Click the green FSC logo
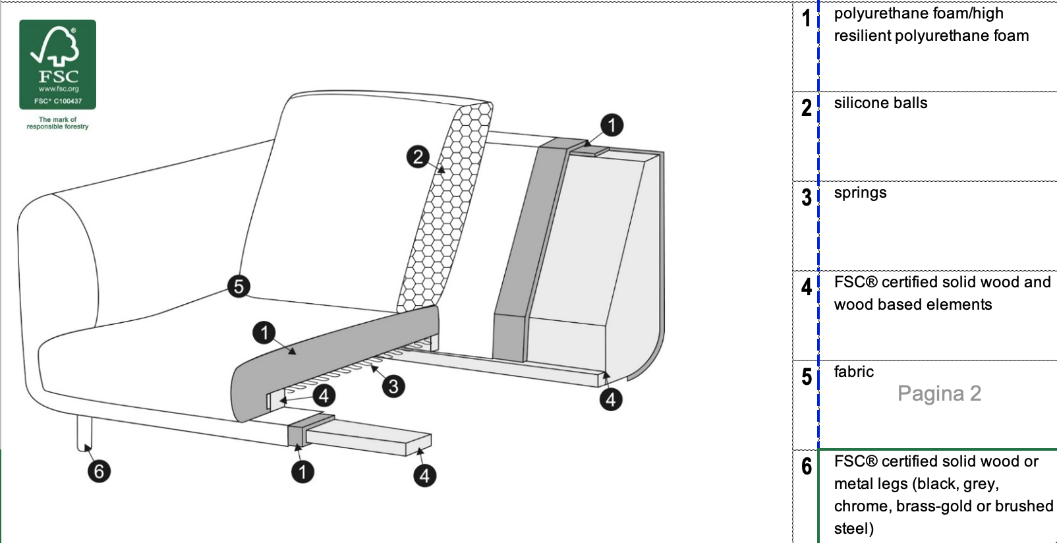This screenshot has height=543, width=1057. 57,65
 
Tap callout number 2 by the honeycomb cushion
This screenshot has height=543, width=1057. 418,157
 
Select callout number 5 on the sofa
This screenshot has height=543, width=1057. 239,287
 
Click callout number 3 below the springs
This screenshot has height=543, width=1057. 393,386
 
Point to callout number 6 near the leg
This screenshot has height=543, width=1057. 99,471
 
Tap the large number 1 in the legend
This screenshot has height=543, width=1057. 807,19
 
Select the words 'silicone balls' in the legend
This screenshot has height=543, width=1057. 880,103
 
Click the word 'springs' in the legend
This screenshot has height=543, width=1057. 860,193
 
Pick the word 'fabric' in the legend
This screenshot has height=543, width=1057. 853,372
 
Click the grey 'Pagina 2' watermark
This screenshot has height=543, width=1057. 939,393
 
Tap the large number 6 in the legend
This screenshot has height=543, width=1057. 807,467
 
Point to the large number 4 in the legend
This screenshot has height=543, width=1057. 807,287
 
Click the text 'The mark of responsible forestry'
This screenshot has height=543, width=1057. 57,123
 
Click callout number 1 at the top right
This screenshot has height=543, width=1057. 612,125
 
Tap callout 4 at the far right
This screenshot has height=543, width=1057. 611,399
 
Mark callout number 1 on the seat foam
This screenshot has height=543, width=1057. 264,333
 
